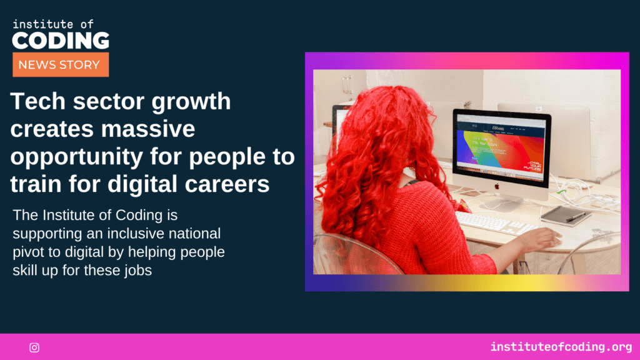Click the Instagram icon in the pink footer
click(34, 347)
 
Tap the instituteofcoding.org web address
click(561, 347)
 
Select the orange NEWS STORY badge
click(61, 64)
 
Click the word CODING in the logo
click(61, 41)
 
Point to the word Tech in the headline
click(38, 101)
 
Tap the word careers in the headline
click(227, 184)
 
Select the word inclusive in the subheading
click(136, 234)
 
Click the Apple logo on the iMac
click(497, 186)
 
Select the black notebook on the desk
click(565, 215)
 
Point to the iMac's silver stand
click(502, 201)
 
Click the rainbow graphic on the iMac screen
click(501, 151)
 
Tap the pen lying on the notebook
click(576, 215)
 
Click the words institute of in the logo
click(53, 24)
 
